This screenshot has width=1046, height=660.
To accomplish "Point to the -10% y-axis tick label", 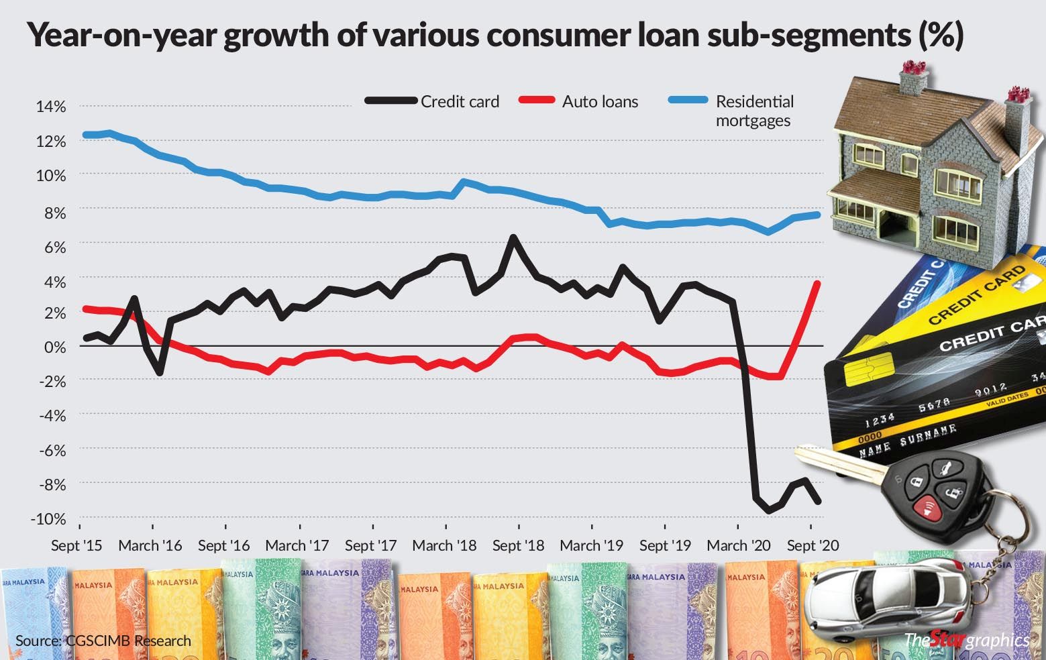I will coord(48,518).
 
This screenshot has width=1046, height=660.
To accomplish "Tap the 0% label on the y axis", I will coord(54,347).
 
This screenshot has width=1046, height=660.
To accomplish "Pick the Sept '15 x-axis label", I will coord(77,545).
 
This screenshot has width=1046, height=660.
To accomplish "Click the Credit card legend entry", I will coord(460,102).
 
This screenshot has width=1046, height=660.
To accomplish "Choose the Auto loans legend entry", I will coord(600,102).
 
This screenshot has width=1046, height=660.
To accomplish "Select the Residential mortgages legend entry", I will coord(754,111).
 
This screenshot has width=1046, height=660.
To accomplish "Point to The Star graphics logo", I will coord(966,640).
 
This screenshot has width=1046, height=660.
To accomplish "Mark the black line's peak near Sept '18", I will coord(514,237).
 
